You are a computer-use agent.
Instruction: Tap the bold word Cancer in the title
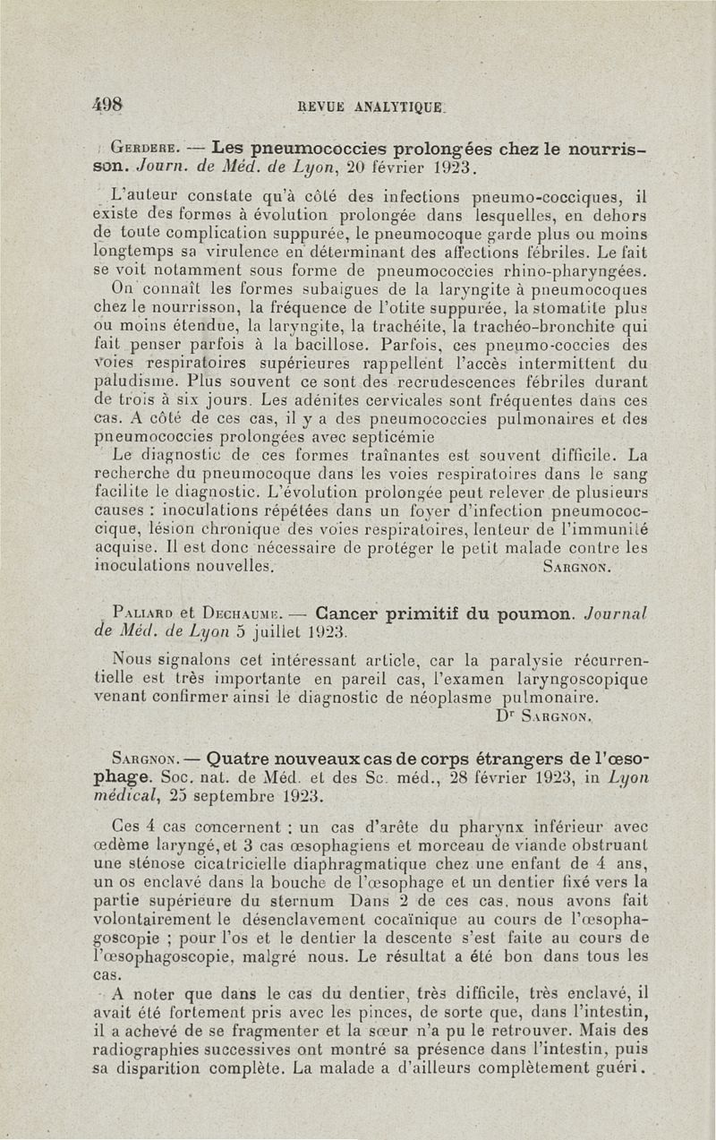pyautogui.click(x=349, y=615)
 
